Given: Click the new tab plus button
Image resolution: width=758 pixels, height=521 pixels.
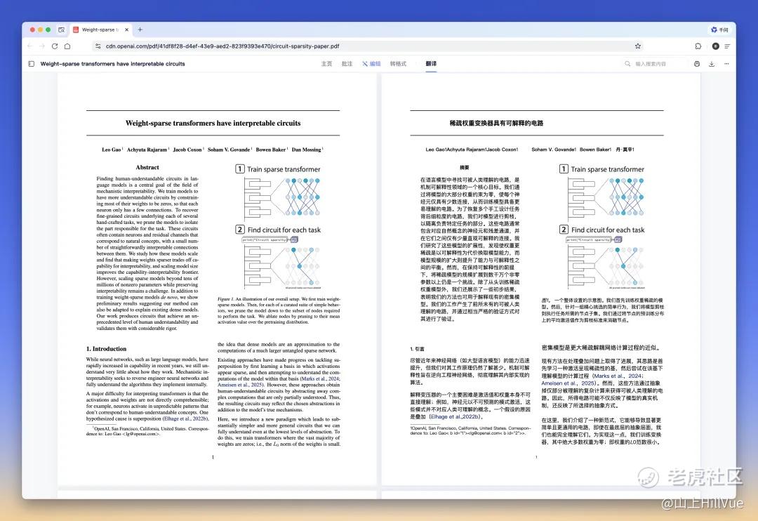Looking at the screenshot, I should pos(140,29).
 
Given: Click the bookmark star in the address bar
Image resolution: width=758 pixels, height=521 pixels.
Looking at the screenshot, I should pos(637,46).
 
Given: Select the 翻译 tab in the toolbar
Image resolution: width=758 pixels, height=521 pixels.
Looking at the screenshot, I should pos(431,64).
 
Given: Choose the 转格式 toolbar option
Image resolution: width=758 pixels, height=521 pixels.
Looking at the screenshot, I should pos(398,64).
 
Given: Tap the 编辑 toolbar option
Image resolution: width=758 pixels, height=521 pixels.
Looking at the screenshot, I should pos(371,64).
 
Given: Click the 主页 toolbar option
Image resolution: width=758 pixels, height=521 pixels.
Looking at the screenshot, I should pos(326,64).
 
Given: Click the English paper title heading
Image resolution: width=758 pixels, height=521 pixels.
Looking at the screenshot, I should pos(213,123).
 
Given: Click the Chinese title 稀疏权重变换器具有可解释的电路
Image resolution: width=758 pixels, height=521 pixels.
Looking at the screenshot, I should pos(496,123).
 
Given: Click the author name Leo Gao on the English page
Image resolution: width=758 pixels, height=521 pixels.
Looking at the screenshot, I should pos(112,150).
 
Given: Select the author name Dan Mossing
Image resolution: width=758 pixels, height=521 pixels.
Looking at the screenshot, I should pos(306,150).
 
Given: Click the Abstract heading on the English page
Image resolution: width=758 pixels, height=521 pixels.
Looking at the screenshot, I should pos(147,167).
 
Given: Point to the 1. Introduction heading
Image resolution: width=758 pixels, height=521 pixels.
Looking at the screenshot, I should pos(107,348).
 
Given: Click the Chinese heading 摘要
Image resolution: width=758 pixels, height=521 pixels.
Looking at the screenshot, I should pos(464,167).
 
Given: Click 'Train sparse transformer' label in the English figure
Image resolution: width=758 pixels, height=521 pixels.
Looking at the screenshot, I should pos(284,169).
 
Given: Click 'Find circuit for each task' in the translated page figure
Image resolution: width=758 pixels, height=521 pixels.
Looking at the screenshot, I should pos(608,230).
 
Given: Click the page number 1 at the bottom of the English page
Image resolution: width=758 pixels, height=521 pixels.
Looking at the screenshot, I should pos(213,457).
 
